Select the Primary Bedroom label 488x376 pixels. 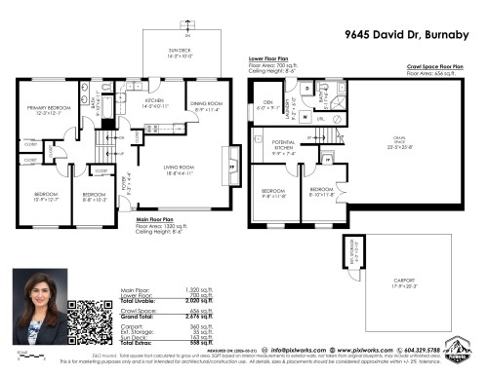tap(48, 109)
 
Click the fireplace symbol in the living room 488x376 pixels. tap(230, 166)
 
